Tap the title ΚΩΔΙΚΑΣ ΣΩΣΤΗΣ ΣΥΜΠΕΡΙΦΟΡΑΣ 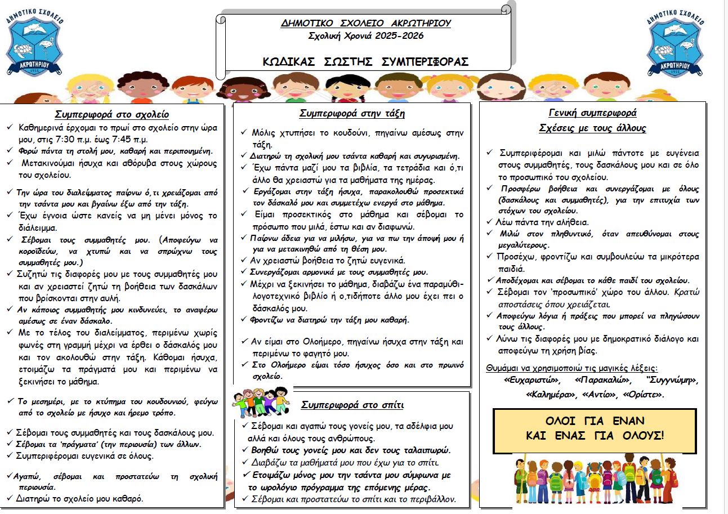coord(366,62)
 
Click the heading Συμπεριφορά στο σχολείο coord(112,114)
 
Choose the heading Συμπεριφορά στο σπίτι coord(352,405)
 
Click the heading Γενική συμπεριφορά coord(592,112)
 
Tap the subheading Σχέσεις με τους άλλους coord(592,128)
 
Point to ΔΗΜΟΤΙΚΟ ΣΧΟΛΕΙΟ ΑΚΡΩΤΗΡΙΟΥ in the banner coord(366,24)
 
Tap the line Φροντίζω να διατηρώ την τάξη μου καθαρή coord(330,320)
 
